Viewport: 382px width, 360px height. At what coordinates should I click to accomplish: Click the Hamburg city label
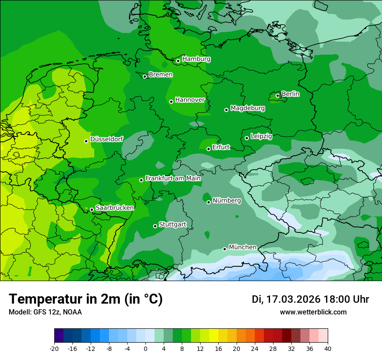(196, 59)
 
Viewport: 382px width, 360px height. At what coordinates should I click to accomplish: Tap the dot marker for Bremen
(145, 76)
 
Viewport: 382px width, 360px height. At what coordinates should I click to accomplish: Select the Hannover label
(190, 100)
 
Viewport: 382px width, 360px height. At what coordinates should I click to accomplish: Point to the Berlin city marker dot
(278, 95)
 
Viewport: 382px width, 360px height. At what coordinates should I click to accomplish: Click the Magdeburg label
(247, 108)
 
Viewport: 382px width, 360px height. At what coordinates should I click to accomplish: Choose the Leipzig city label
(261, 136)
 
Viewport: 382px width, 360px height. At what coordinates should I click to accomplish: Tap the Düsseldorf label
(106, 139)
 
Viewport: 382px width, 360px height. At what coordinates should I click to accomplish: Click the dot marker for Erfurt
(208, 149)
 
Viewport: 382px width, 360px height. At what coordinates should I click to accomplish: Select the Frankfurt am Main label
(173, 178)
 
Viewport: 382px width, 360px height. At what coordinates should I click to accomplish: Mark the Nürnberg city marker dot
(208, 202)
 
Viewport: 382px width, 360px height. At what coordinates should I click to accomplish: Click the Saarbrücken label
(115, 208)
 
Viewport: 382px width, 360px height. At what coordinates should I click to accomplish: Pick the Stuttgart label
(172, 224)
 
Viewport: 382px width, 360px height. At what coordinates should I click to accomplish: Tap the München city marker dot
(224, 249)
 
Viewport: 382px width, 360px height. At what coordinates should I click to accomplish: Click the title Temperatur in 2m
(86, 299)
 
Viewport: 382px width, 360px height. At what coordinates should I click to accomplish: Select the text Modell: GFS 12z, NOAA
(45, 312)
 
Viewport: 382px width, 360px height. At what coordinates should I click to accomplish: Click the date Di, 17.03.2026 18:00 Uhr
(310, 299)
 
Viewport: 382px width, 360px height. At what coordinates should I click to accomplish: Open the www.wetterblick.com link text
(313, 312)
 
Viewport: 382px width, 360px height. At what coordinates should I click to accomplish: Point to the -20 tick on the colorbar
(54, 348)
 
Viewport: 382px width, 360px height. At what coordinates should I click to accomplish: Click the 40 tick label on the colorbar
(327, 348)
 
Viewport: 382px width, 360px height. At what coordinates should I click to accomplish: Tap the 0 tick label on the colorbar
(145, 348)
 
